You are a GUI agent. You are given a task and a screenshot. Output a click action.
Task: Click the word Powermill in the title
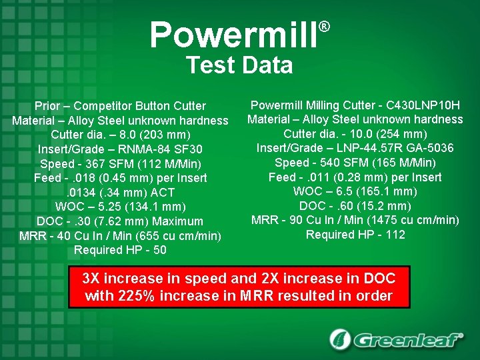[233, 35]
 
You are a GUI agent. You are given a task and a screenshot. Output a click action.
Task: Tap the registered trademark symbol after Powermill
[324, 27]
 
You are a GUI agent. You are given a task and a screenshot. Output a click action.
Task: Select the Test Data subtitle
[239, 65]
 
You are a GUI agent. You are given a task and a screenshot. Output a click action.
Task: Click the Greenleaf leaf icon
[340, 339]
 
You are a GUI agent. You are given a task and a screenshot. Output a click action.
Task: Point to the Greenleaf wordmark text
[408, 340]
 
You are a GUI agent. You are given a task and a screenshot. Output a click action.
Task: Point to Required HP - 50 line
[120, 250]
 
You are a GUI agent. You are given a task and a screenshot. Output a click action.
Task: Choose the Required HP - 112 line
[355, 235]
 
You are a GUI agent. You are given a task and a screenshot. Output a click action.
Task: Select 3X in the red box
[93, 279]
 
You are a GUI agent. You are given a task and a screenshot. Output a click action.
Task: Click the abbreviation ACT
[165, 192]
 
